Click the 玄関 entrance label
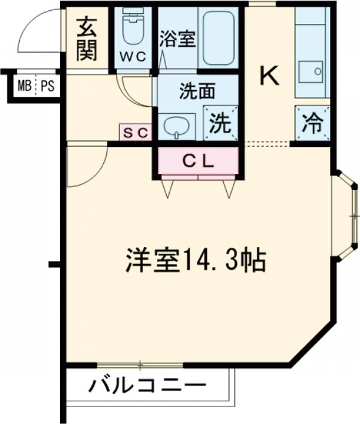coord(86,38)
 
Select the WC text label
coord(133,56)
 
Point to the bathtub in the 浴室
coord(218,38)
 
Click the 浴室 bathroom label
coord(178,39)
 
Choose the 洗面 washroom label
coord(197,91)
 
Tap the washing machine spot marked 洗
coord(221,123)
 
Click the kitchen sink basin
coord(311,71)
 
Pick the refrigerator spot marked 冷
coord(313,123)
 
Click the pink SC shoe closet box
coord(136,132)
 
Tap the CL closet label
coord(198,161)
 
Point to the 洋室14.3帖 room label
coord(196,260)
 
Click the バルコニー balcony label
coord(148,386)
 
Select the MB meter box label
coord(25,86)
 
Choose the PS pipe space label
coord(47,86)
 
